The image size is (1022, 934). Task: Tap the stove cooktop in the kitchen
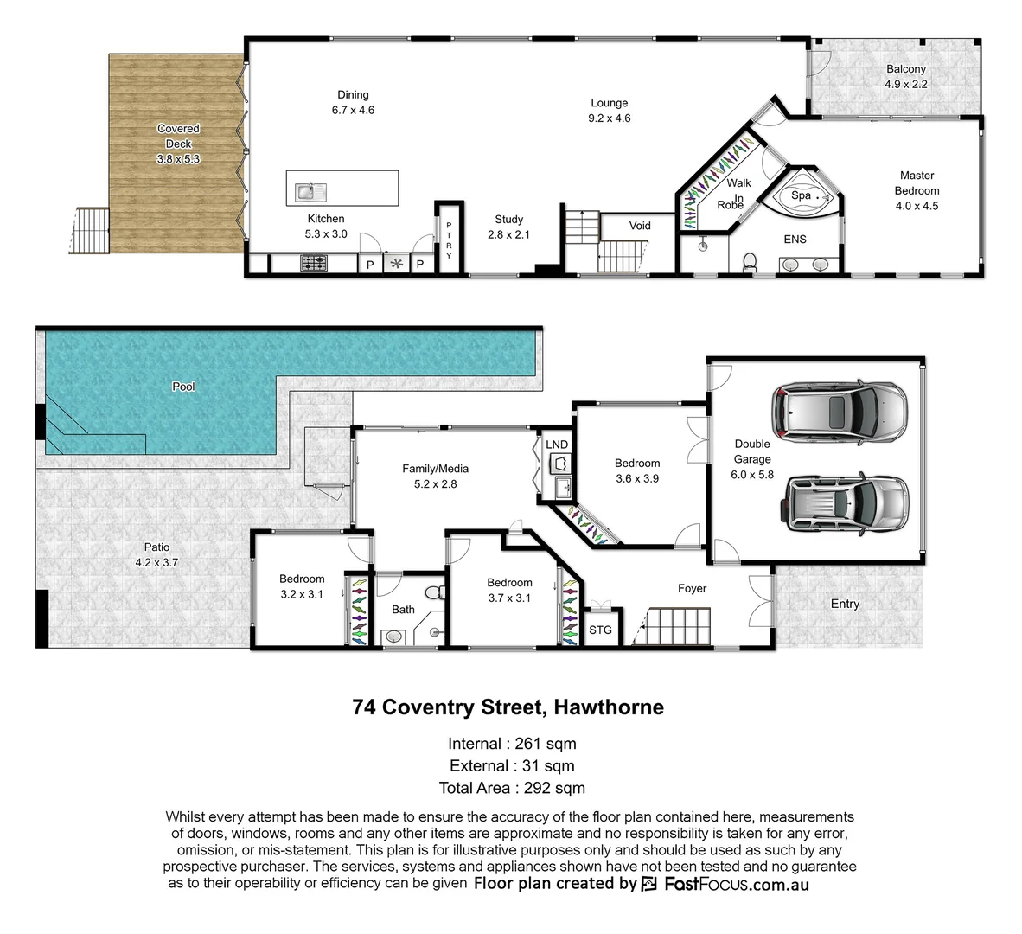tap(313, 263)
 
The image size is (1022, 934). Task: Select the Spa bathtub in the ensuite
tap(802, 197)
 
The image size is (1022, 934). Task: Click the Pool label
tap(183, 387)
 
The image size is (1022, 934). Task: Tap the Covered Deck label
tap(178, 144)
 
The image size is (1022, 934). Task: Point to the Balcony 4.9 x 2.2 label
tap(905, 77)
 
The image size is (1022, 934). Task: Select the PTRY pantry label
tap(449, 239)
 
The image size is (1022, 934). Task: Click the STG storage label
tap(600, 630)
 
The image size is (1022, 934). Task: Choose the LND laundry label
tap(557, 445)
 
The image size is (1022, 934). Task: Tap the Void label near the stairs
tap(640, 226)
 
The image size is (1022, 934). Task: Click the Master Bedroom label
tap(917, 190)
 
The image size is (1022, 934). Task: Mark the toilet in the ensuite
tap(750, 260)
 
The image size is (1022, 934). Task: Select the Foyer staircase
tap(679, 624)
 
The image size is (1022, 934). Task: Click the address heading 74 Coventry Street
tap(508, 707)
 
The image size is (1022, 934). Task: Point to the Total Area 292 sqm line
tap(511, 788)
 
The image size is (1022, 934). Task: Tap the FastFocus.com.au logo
tap(725, 884)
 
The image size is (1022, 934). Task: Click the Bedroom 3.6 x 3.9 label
tap(637, 470)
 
